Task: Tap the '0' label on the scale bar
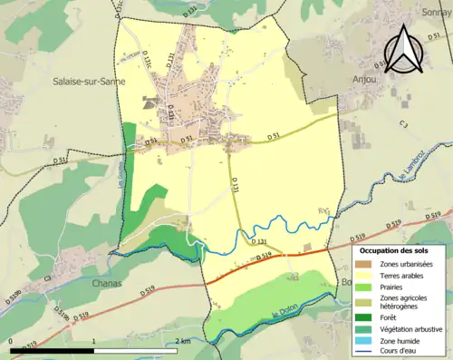(x=12, y=341)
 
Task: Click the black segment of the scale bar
(x=53, y=350)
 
